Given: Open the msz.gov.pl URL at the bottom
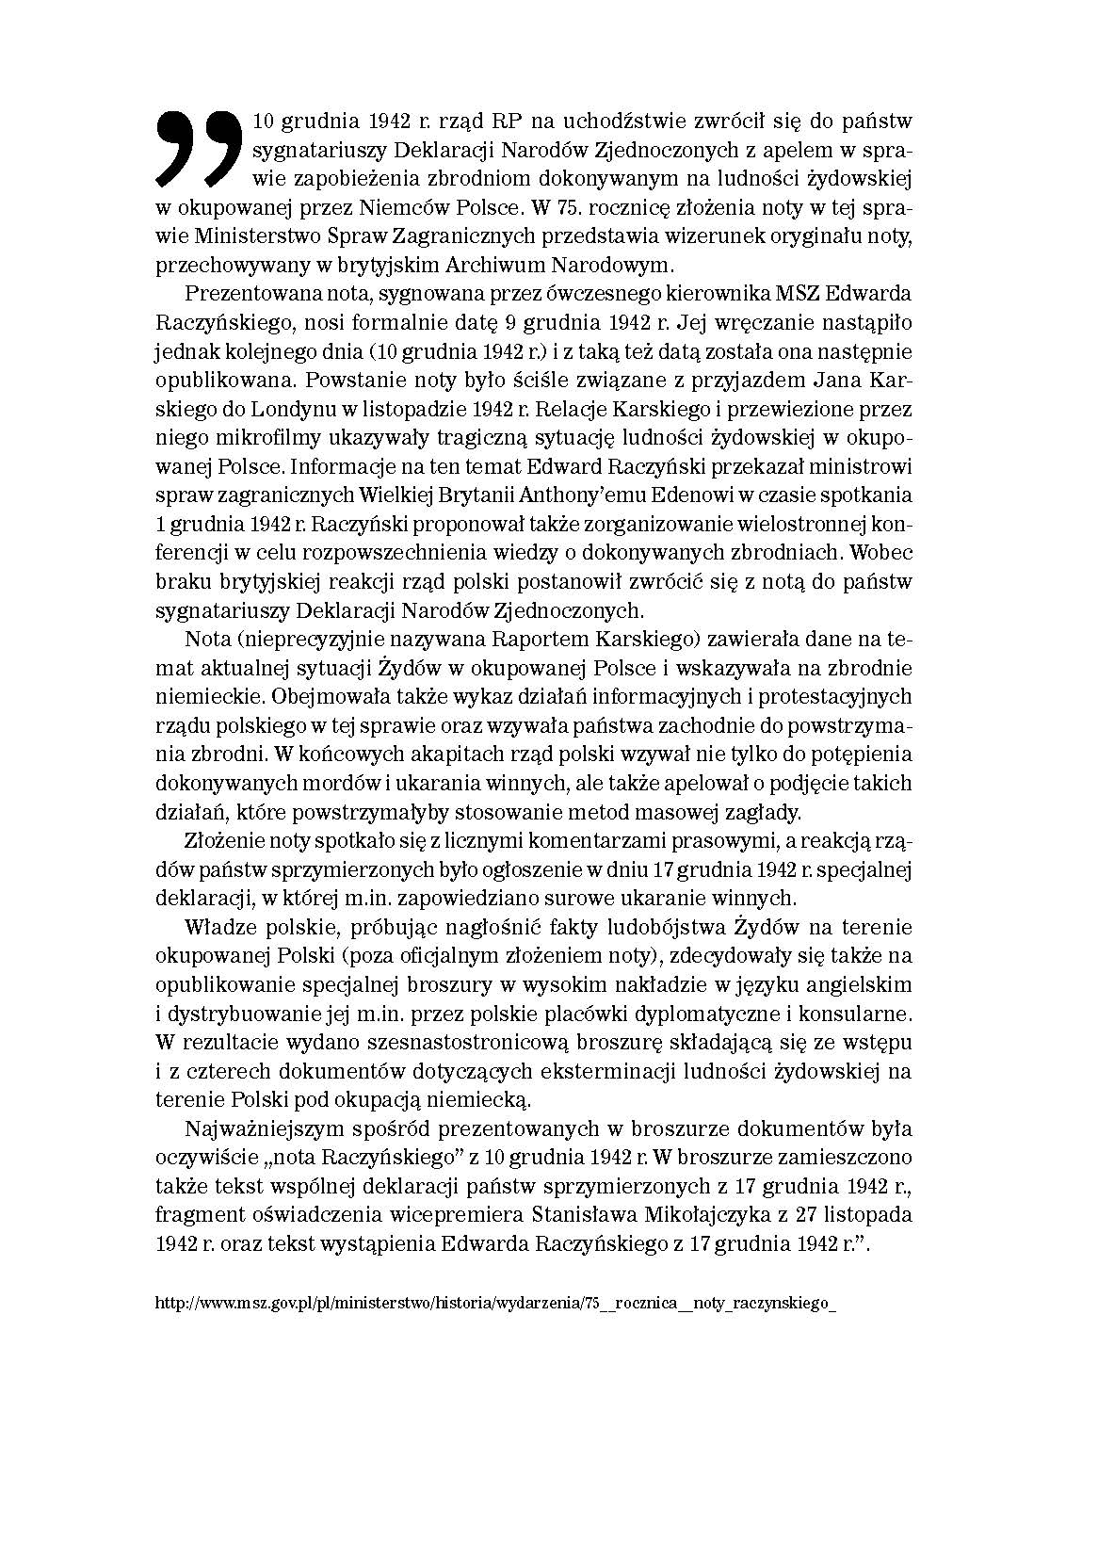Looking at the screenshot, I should tap(493, 1304).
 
